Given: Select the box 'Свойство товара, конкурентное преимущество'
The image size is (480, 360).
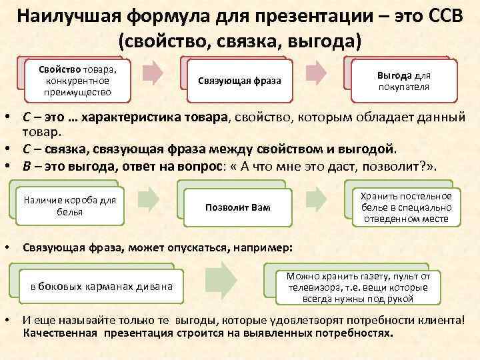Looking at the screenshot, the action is pyautogui.click(x=78, y=81).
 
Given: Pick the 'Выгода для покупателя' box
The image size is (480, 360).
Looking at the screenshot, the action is pyautogui.click(x=403, y=81).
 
